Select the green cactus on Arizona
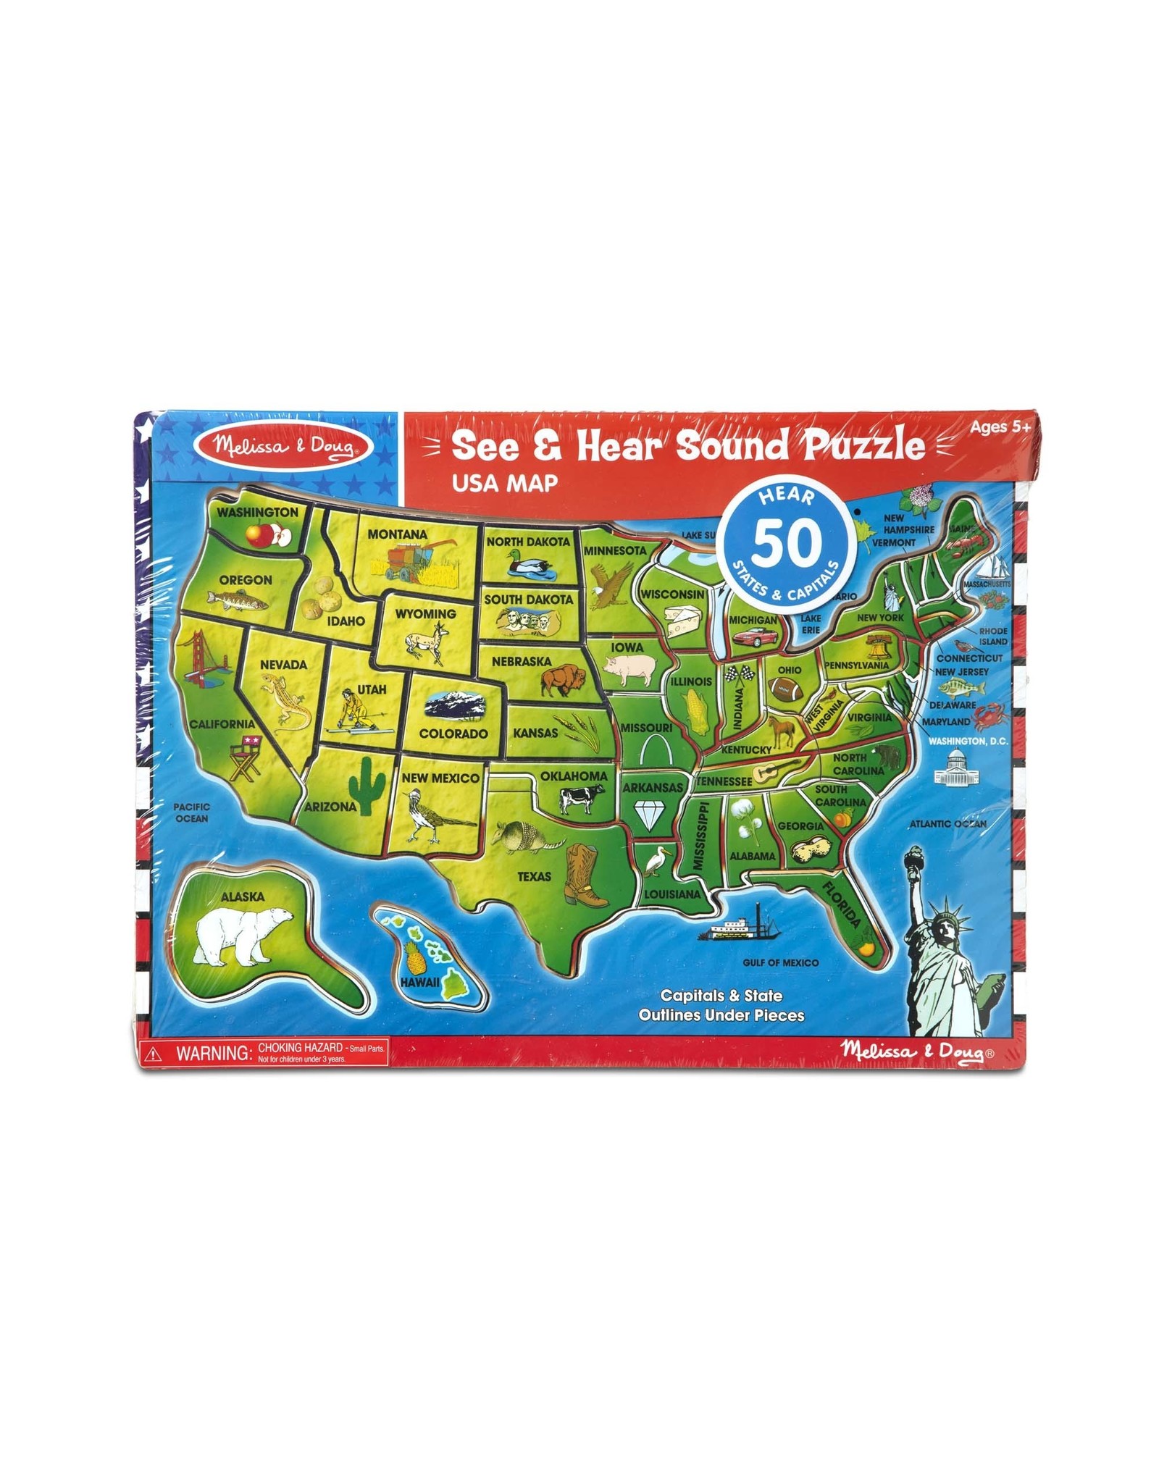367,785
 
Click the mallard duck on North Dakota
530,564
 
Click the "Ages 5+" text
1000,427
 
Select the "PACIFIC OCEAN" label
191,812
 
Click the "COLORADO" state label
453,734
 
